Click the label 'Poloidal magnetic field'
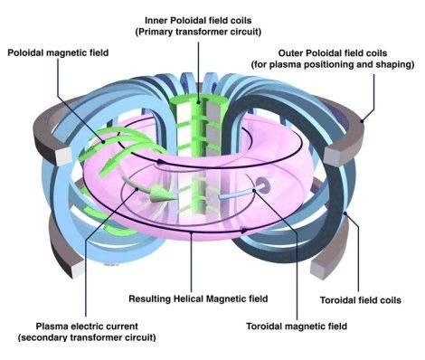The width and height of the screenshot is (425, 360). coord(58,52)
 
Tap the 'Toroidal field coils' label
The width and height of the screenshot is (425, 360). coord(360,300)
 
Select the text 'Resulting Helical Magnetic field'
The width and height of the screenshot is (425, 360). coord(198,298)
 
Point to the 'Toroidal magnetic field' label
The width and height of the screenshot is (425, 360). coord(297,327)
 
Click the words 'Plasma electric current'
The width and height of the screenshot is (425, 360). coord(87,327)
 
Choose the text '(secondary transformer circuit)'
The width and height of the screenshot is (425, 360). coord(87,337)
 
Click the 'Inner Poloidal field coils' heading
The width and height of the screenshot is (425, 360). coord(198,21)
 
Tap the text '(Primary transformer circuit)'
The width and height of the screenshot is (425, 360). coord(198,32)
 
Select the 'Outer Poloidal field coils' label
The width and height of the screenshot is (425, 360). coord(333,53)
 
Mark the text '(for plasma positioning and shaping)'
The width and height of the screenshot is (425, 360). coord(333,64)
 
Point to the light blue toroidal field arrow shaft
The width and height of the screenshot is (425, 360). coord(238,194)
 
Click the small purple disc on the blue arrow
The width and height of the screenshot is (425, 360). coord(261,185)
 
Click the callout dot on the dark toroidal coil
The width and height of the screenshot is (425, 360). coord(345,213)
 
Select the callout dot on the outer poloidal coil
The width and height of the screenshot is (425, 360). coord(362,121)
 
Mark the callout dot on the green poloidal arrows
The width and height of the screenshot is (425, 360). coord(103,142)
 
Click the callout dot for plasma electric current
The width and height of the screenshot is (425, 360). coord(137,189)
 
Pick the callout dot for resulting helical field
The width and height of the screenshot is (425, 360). coord(191,232)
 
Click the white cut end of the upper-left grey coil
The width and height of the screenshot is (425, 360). coord(63,156)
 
